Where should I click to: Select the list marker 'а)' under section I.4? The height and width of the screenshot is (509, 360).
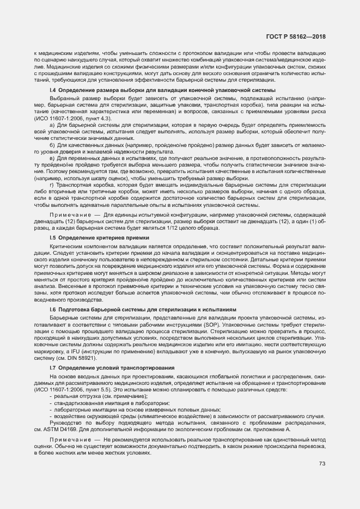click(x=52, y=125)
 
